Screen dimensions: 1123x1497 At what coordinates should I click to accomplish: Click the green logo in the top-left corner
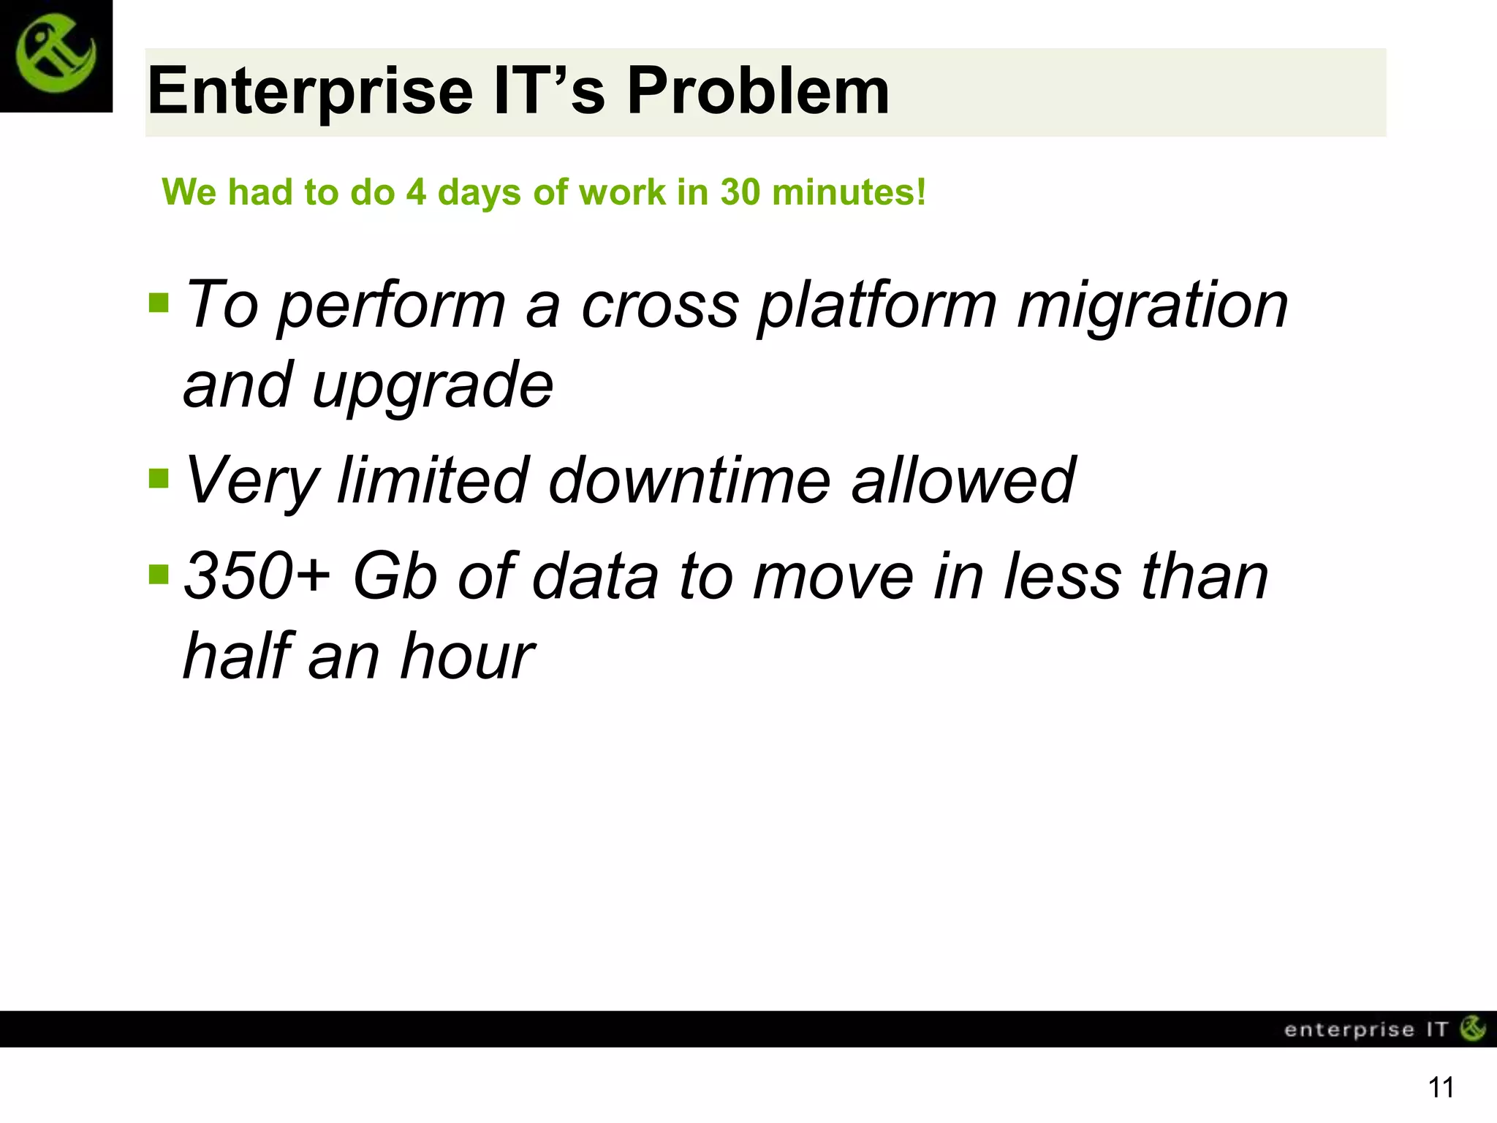point(56,56)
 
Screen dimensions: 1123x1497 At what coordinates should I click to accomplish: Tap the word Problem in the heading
point(758,91)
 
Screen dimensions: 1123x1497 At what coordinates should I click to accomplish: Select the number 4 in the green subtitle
point(416,192)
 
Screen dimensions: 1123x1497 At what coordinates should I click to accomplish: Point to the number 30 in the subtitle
point(740,192)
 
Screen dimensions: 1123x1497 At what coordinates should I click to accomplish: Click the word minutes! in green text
point(849,192)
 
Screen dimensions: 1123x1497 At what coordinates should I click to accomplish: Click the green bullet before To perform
point(159,302)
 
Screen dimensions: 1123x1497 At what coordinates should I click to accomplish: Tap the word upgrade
point(432,385)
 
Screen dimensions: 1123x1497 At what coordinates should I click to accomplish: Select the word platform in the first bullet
point(877,305)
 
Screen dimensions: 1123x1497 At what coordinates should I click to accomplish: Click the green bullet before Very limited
point(159,479)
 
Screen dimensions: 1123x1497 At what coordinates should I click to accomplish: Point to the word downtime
point(689,480)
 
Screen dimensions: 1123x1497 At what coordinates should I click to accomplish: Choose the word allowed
point(963,480)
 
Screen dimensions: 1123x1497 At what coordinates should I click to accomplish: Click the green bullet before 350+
point(159,574)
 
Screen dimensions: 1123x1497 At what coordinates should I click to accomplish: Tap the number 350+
point(257,576)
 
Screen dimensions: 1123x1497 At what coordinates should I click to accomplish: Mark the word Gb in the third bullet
point(395,576)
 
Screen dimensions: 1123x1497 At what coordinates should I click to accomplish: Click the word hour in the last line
point(468,656)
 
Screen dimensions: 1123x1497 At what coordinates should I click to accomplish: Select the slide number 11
point(1441,1088)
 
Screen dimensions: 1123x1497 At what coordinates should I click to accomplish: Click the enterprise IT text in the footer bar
point(1365,1029)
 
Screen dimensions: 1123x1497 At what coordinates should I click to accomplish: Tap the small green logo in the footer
point(1472,1029)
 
